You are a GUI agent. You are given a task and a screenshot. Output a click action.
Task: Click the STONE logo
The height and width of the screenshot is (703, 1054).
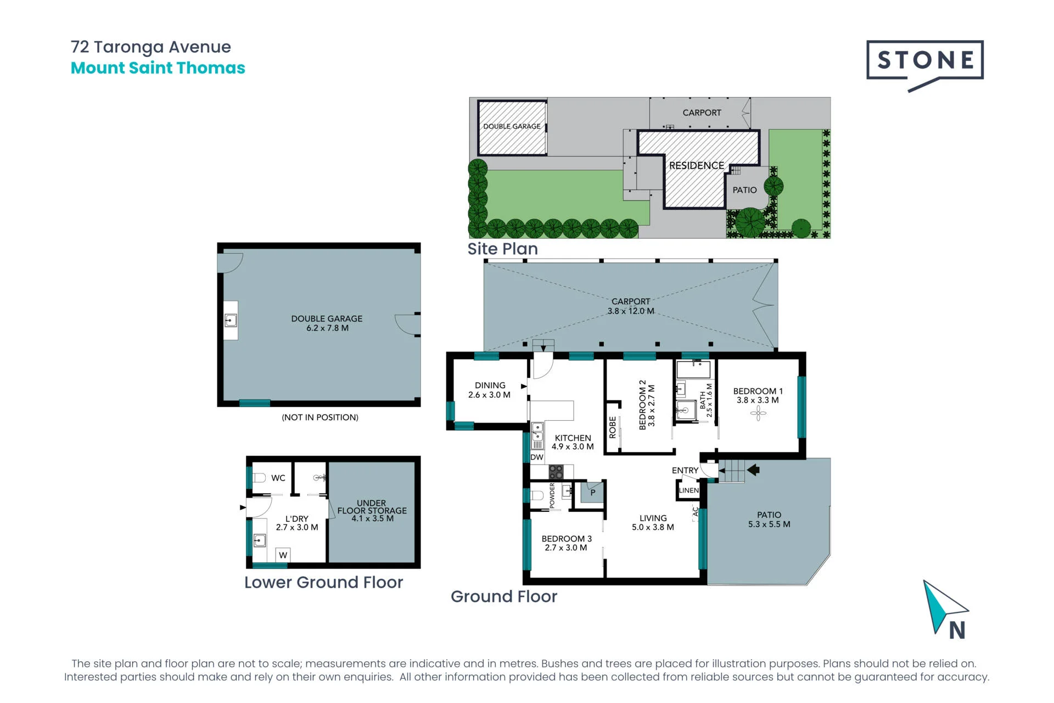click(x=925, y=62)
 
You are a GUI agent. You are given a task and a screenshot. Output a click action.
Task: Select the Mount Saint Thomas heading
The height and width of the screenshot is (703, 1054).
click(x=158, y=68)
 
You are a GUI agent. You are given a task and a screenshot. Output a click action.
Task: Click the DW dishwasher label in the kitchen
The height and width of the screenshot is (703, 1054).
click(x=537, y=457)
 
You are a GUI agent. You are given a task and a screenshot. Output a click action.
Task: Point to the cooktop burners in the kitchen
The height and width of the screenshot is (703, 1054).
click(x=556, y=472)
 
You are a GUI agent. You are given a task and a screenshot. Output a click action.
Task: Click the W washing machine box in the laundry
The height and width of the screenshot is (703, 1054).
click(x=283, y=555)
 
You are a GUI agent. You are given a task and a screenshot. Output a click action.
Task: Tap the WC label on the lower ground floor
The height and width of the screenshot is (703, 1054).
click(x=278, y=478)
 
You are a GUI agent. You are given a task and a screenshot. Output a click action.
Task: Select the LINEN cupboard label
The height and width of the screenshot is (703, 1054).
click(x=689, y=490)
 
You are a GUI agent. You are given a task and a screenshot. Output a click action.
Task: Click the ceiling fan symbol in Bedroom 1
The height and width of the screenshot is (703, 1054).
click(x=758, y=413)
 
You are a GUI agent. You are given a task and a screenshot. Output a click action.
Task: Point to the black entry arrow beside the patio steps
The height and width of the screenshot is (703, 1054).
click(x=753, y=470)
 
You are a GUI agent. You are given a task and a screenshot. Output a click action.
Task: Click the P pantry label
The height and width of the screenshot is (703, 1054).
click(x=593, y=493)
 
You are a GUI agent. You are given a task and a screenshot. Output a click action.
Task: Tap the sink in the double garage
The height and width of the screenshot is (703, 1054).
click(x=231, y=320)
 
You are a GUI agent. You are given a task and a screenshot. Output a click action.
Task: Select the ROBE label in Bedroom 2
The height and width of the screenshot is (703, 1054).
click(x=613, y=427)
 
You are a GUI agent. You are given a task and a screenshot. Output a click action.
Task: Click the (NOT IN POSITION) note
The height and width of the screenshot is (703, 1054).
click(x=320, y=417)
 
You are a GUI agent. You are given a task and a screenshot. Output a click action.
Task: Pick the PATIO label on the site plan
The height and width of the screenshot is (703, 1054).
click(x=744, y=190)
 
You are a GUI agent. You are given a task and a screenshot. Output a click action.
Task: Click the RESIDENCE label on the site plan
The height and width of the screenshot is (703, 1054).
click(x=697, y=165)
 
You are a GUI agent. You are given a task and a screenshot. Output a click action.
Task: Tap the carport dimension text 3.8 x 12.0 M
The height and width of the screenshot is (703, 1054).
click(x=631, y=311)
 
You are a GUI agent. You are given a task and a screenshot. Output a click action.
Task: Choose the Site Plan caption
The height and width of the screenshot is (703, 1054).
click(x=502, y=249)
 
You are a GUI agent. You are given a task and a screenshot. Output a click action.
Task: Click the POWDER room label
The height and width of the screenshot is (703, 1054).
click(x=552, y=495)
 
